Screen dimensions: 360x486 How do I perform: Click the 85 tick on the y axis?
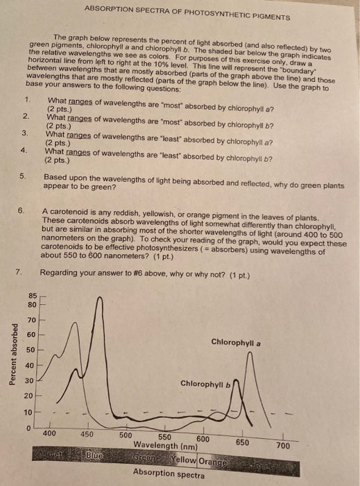[x=32, y=296]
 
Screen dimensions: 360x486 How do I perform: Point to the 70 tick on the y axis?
[x=32, y=320]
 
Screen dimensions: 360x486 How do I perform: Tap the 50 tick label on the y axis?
[x=32, y=350]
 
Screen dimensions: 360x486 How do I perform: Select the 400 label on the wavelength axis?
[x=49, y=432]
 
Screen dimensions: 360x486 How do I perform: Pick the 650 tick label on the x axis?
[x=242, y=442]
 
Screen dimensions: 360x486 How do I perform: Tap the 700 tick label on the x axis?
[x=284, y=445]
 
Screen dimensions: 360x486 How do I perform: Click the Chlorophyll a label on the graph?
[x=236, y=342]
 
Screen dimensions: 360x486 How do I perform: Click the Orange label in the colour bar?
[x=213, y=461]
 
